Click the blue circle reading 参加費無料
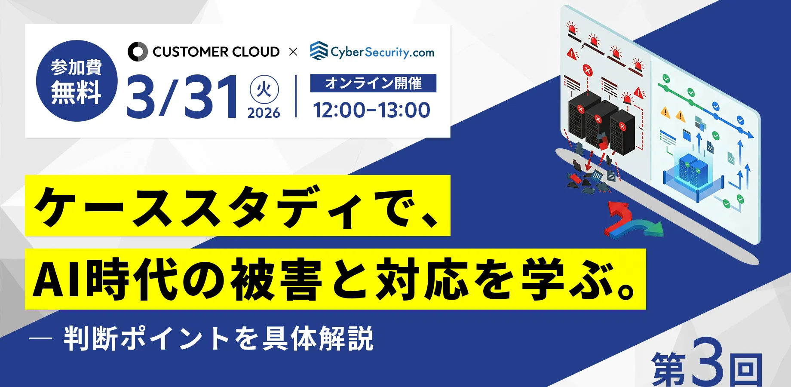(x=77, y=81)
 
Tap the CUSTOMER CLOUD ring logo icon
(x=138, y=52)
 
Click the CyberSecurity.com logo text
(x=382, y=52)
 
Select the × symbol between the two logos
(x=293, y=52)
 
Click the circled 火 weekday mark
(x=264, y=90)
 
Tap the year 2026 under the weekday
(x=264, y=113)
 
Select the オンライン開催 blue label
(x=373, y=83)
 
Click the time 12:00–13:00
(x=371, y=110)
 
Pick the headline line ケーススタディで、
(x=237, y=206)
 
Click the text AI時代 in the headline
(x=106, y=279)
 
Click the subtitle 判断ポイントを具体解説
(x=219, y=339)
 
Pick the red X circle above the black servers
(x=587, y=70)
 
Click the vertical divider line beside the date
(x=296, y=96)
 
